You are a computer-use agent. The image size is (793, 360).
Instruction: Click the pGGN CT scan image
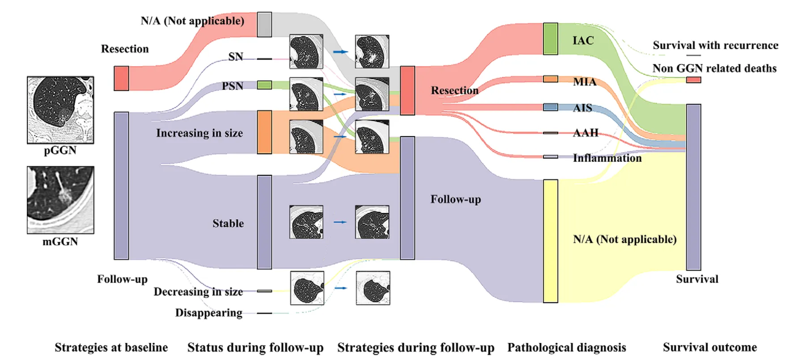tap(60, 110)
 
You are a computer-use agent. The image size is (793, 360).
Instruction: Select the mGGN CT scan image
tap(60, 200)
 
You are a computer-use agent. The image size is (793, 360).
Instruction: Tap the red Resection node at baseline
tap(121, 78)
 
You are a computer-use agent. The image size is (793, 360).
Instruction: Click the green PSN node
tap(264, 85)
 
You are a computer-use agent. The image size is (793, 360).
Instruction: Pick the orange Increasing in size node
tap(264, 132)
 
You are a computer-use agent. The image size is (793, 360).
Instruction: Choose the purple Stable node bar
tap(264, 222)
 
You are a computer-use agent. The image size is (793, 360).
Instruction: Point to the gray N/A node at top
tap(264, 25)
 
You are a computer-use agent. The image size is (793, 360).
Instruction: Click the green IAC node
tap(551, 39)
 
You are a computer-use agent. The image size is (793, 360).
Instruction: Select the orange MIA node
tap(551, 79)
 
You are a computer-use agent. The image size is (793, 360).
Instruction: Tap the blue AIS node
tap(551, 107)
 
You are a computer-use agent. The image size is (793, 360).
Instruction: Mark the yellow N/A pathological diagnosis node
tap(551, 241)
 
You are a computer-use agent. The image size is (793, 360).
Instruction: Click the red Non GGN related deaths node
tap(694, 80)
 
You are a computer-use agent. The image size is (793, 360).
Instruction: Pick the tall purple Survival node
tap(694, 187)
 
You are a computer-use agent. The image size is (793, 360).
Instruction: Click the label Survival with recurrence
tap(715, 46)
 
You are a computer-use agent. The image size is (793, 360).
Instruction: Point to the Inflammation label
tap(607, 158)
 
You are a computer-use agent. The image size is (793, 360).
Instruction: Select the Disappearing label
tap(209, 313)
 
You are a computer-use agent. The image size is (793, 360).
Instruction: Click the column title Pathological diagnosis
tap(567, 347)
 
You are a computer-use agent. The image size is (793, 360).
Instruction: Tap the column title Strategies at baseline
tap(111, 347)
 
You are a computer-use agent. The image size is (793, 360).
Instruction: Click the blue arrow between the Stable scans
tap(340, 222)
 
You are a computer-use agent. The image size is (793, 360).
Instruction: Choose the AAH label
tap(585, 133)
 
